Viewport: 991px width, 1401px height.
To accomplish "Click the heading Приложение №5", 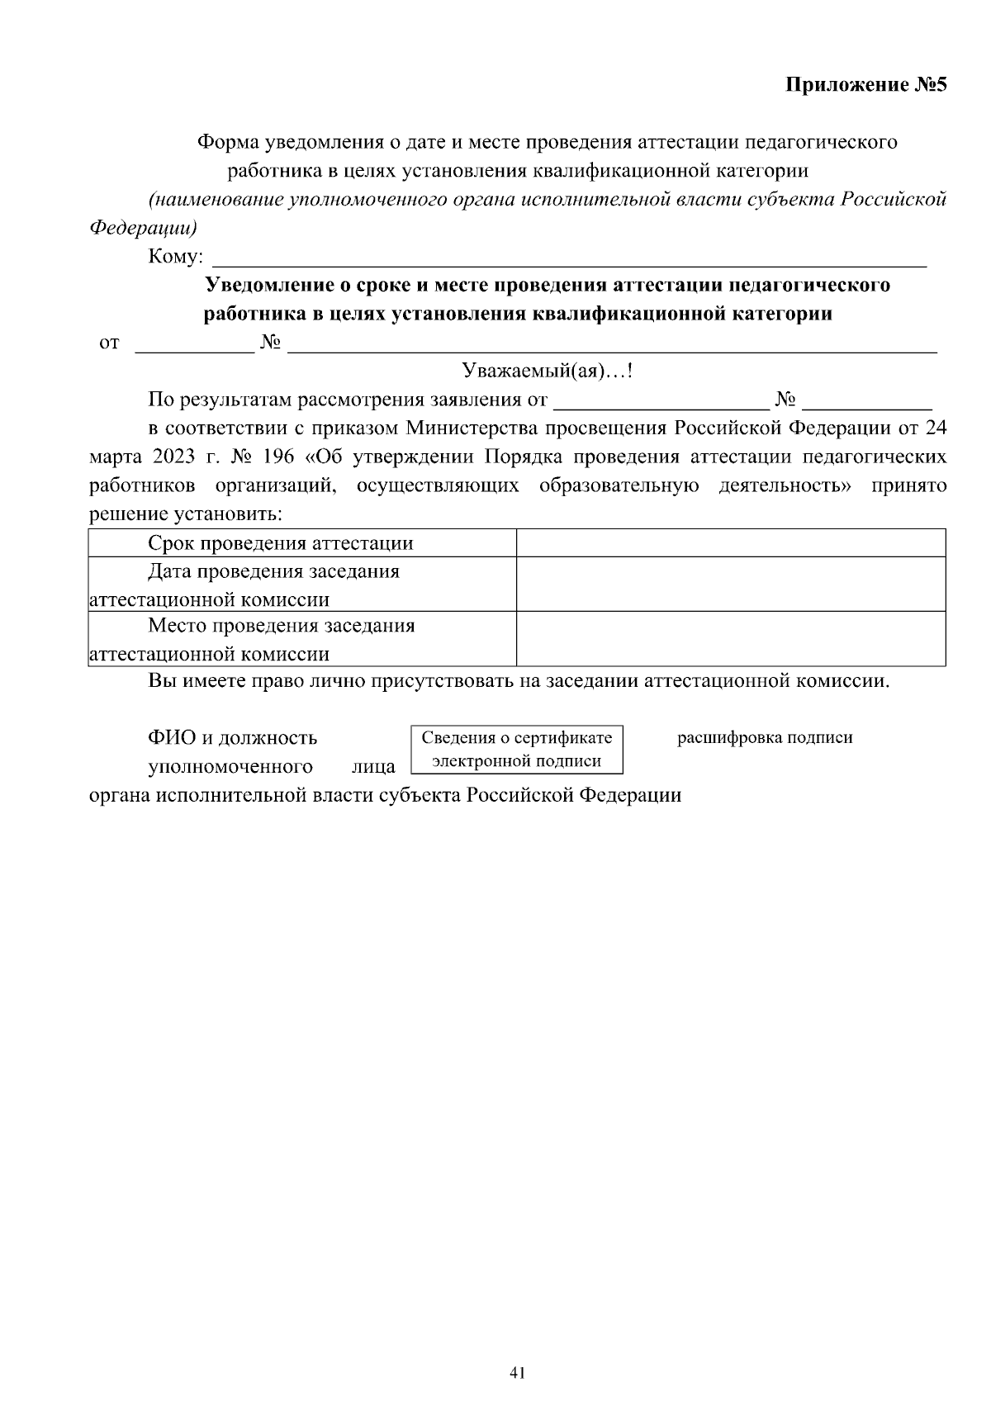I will [865, 86].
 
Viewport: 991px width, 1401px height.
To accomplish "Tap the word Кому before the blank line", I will [174, 257].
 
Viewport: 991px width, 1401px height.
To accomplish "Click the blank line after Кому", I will [570, 263].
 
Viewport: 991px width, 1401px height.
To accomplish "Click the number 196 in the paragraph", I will [280, 457].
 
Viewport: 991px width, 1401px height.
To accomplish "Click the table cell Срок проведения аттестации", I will [281, 543].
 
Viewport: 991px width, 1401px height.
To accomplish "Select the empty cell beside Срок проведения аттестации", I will [730, 543].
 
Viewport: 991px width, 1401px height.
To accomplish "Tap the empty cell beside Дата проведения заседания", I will [730, 585].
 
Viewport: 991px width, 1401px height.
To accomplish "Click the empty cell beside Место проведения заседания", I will [730, 638].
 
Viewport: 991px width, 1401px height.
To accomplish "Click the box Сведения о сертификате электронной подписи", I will [517, 749].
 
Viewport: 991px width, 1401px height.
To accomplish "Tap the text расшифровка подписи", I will [765, 738].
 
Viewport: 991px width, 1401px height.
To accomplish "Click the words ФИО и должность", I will [232, 737].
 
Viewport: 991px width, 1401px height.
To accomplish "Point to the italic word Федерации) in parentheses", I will [144, 228].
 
